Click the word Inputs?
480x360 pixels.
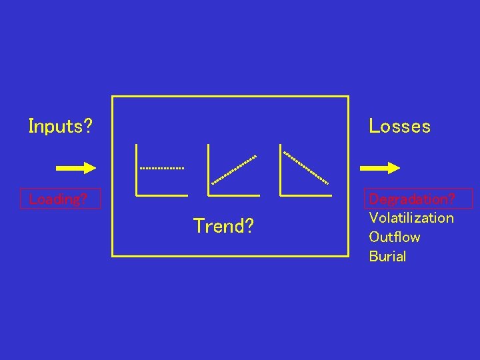[x=60, y=126]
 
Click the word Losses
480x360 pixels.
[x=399, y=126]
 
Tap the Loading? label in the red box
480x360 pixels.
[x=59, y=199]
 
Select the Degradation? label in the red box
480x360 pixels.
[x=412, y=199]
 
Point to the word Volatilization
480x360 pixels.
[x=411, y=218]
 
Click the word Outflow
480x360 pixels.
[x=394, y=237]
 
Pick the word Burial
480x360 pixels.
[x=387, y=257]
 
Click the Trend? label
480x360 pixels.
[x=223, y=227]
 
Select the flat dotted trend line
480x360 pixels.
[x=161, y=168]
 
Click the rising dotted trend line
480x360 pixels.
[x=234, y=169]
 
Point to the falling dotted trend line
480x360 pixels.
[x=306, y=167]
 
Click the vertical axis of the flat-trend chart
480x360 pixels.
[x=136, y=170]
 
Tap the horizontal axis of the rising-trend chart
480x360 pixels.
[x=234, y=195]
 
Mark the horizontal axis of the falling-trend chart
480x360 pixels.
[x=306, y=195]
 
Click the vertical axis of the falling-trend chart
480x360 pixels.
[x=281, y=170]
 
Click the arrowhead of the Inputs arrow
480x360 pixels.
[x=90, y=168]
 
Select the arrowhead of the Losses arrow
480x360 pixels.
[x=393, y=168]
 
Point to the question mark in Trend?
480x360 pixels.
[x=249, y=227]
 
